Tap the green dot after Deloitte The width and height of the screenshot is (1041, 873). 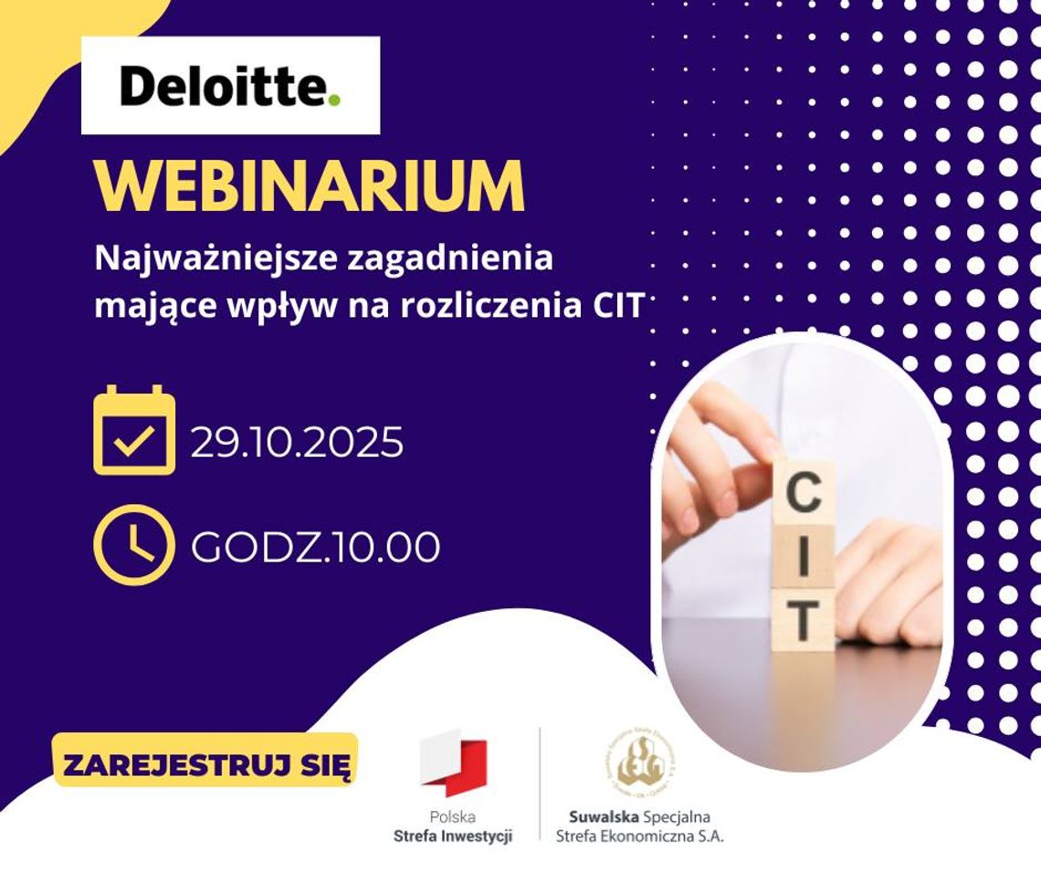334,98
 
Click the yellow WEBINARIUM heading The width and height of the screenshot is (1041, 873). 310,187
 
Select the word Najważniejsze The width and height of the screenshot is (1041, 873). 214,259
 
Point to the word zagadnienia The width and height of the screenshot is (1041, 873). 450,259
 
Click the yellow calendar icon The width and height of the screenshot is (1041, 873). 134,430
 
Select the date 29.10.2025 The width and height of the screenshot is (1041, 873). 297,443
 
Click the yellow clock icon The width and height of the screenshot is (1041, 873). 133,545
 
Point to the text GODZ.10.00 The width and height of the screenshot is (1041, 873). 315,547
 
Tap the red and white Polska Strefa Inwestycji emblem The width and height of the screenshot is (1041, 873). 453,764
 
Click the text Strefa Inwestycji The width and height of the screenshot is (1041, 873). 453,835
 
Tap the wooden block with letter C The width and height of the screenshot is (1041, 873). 804,493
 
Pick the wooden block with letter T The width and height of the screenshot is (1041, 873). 803,620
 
